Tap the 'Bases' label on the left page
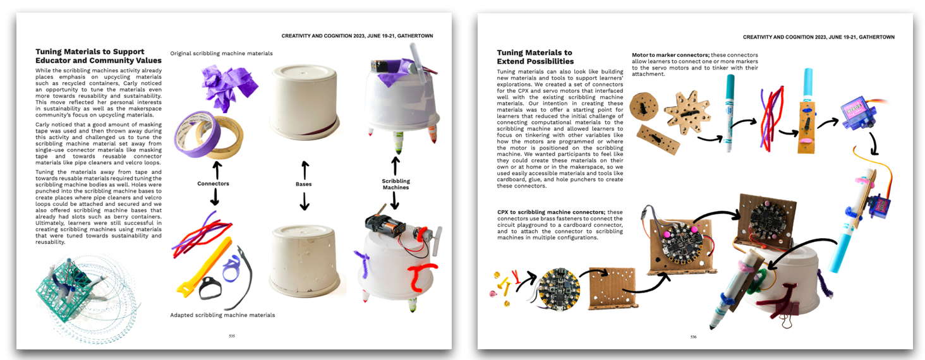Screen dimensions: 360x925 304,184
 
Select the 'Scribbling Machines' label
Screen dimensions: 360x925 395,184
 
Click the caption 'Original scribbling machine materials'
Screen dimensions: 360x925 221,54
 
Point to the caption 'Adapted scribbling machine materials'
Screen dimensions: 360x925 222,315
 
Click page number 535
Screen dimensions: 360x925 232,336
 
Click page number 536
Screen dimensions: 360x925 693,337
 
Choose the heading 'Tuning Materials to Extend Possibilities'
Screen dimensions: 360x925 535,57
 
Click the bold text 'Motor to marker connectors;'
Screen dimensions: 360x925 670,55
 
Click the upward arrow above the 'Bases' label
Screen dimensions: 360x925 304,169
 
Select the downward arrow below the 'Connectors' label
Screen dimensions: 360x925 215,198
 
